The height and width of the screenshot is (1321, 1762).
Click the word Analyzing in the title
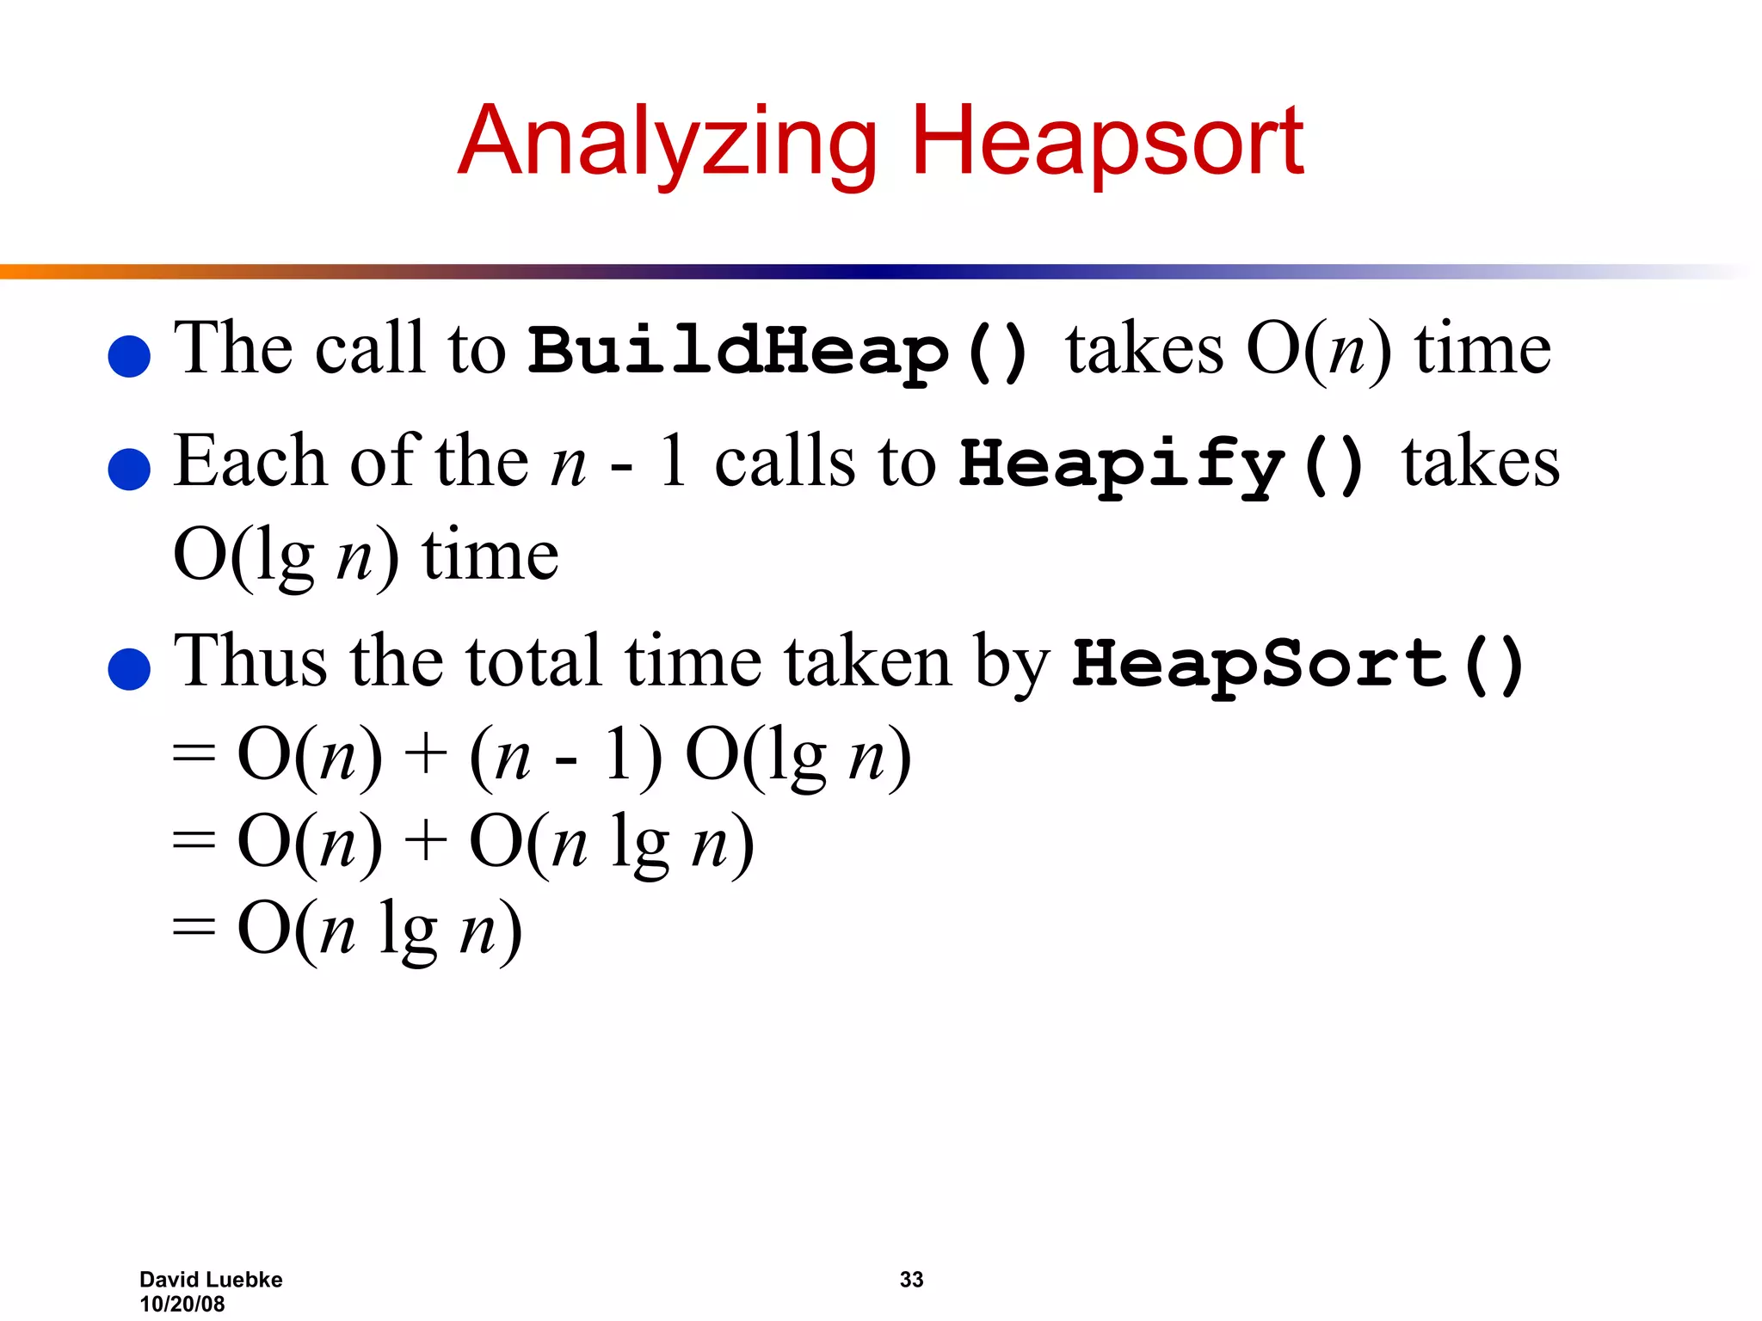click(x=668, y=142)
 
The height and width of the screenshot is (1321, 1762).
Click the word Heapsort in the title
click(x=1107, y=142)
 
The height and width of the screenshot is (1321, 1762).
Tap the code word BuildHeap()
click(x=779, y=351)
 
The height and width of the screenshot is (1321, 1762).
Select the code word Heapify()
click(x=1162, y=464)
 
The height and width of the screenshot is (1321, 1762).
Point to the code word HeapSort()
click(x=1298, y=663)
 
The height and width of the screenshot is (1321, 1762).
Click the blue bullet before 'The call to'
click(x=130, y=356)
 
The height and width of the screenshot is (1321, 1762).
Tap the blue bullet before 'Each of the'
click(x=130, y=469)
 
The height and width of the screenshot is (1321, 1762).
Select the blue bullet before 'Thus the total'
click(x=130, y=668)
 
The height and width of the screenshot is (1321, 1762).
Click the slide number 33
click(x=911, y=1280)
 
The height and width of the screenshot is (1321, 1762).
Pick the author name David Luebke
click(x=211, y=1280)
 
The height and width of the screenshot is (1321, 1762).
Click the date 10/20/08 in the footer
click(x=182, y=1304)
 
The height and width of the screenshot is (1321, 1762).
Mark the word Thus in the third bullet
click(x=250, y=661)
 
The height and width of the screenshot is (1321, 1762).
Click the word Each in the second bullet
click(x=250, y=462)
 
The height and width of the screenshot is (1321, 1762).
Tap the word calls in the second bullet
click(x=785, y=462)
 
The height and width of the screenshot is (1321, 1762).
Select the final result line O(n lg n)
click(x=379, y=930)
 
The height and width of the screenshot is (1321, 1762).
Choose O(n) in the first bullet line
click(x=1318, y=349)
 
